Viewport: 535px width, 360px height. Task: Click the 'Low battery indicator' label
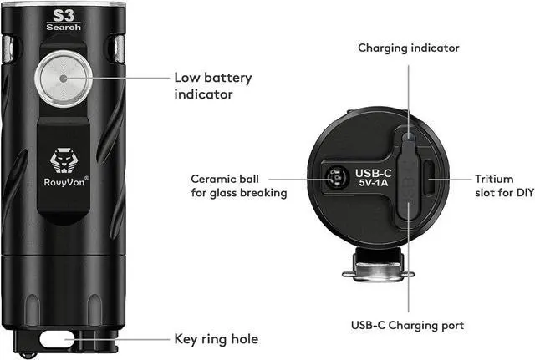[212, 85]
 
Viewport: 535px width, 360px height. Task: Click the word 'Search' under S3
[64, 28]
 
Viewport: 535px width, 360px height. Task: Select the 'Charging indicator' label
[409, 48]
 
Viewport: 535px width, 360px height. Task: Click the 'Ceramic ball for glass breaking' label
[238, 185]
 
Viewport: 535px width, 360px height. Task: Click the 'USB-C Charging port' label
[408, 325]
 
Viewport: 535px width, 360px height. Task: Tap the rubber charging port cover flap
[407, 180]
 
